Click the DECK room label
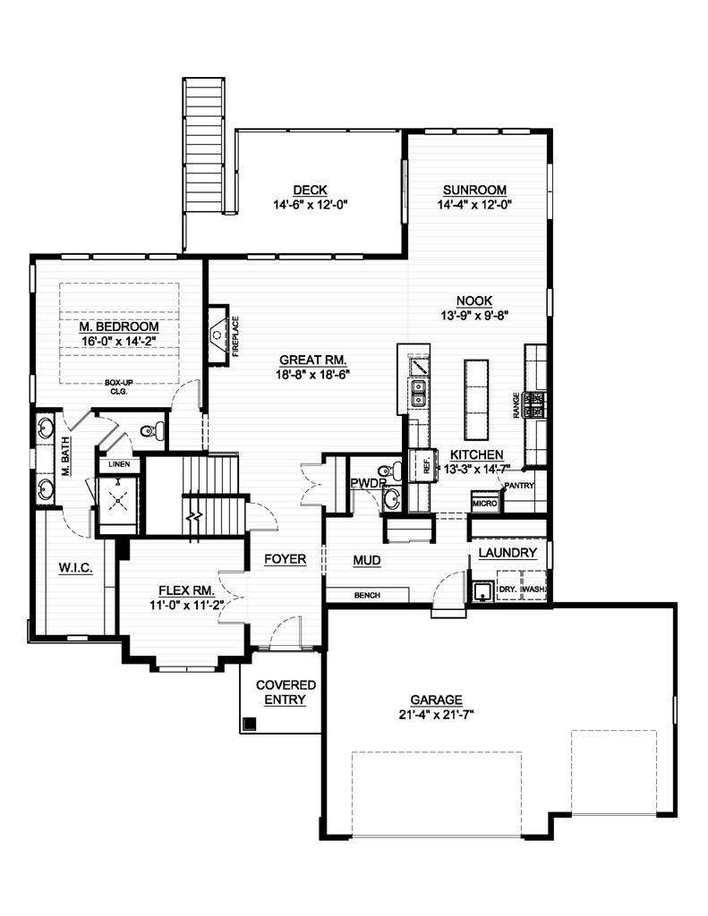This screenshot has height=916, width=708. tap(310, 190)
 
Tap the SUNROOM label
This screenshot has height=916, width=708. tap(473, 190)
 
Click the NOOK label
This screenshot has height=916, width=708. tap(474, 301)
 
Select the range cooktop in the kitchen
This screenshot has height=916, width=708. tap(535, 404)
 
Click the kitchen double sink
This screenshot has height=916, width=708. tap(418, 392)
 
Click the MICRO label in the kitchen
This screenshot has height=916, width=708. tap(483, 504)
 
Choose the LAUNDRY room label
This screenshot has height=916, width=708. tap(508, 553)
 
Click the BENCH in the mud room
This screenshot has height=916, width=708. tap(367, 594)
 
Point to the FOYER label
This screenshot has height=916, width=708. tap(286, 560)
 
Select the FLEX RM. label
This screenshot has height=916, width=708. tap(185, 590)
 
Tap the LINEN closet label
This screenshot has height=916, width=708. tap(119, 465)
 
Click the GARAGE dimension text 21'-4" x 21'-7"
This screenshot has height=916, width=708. tap(436, 716)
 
